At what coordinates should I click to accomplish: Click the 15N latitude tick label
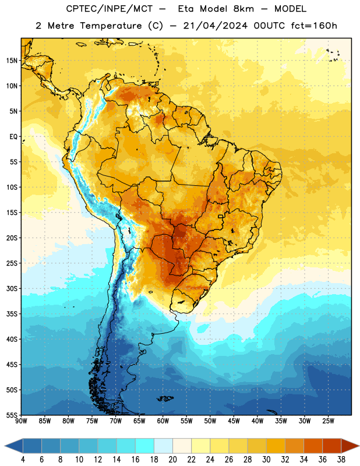click(12, 61)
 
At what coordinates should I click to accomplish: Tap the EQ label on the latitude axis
click(13, 137)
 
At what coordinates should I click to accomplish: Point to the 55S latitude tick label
click(12, 415)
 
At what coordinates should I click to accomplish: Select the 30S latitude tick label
click(12, 288)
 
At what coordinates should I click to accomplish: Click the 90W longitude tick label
click(21, 421)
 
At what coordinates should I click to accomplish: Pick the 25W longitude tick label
click(328, 421)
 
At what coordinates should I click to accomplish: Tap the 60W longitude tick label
click(163, 421)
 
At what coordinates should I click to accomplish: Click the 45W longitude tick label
click(234, 421)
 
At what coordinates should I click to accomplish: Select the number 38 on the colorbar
click(341, 460)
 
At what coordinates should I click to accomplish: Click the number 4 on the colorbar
click(23, 460)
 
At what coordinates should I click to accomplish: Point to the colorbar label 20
click(172, 460)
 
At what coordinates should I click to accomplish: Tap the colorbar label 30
click(266, 460)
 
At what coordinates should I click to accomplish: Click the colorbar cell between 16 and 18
click(145, 446)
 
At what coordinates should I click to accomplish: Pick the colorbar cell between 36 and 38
click(332, 446)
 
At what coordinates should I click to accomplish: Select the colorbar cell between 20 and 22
click(182, 446)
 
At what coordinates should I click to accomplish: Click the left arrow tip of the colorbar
click(5, 446)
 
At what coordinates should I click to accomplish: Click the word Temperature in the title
click(111, 26)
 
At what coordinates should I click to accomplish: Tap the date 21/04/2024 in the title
click(215, 26)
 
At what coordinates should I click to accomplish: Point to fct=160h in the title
click(314, 26)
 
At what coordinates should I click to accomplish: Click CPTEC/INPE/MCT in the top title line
click(109, 9)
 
